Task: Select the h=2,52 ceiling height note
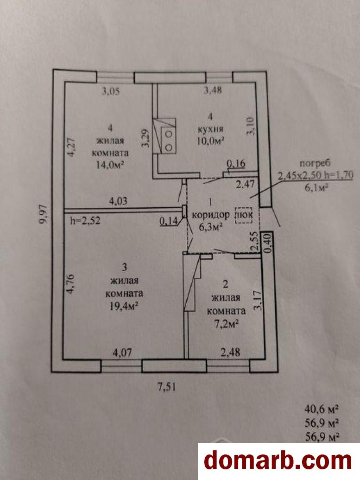(85, 220)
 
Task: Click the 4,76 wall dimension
(71, 283)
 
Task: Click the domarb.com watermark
(278, 461)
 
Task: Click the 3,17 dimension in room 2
(260, 301)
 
